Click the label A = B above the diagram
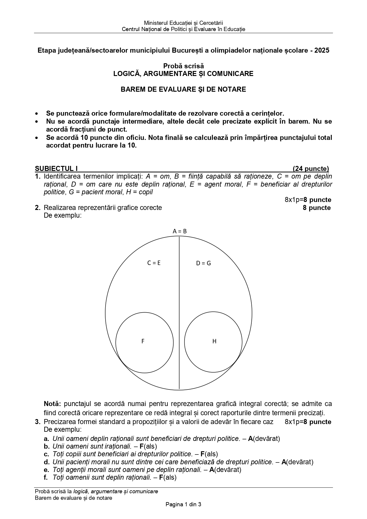pos(180,231)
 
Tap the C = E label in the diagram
pos(154,263)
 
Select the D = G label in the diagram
pos(203,263)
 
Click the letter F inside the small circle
pos(143,341)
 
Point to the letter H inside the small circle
pos(214,341)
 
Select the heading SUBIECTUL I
pos(56,169)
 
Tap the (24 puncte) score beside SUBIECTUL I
pos(311,169)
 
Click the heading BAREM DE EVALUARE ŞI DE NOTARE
pos(183,89)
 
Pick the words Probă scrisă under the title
pos(183,66)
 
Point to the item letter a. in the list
pos(46,439)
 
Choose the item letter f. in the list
pos(46,477)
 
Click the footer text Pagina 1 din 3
pos(183,505)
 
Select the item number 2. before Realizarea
pos(38,208)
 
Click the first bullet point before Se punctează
pos(36,114)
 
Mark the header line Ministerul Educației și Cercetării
pos(183,23)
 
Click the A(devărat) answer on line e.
pos(225,469)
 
